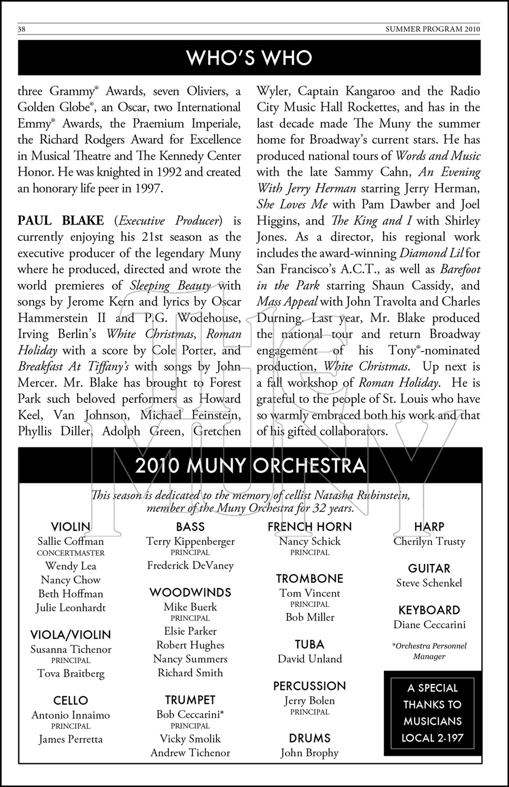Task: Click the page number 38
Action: click(22, 30)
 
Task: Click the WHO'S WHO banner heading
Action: click(249, 58)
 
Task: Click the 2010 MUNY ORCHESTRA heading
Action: click(250, 466)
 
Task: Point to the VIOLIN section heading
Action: click(71, 527)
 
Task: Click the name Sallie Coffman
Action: click(71, 541)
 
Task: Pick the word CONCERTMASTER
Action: click(71, 553)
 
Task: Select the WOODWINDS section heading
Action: click(190, 592)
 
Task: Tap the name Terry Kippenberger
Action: click(190, 541)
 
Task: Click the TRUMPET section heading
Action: click(190, 700)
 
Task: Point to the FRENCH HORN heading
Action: click(310, 527)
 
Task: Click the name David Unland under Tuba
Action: click(310, 659)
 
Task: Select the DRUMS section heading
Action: click(310, 738)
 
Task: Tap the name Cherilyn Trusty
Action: click(429, 541)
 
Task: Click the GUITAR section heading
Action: click(429, 568)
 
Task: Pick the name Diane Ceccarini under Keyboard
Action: click(429, 625)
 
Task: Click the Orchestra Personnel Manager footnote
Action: click(429, 651)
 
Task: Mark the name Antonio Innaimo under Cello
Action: click(71, 715)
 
